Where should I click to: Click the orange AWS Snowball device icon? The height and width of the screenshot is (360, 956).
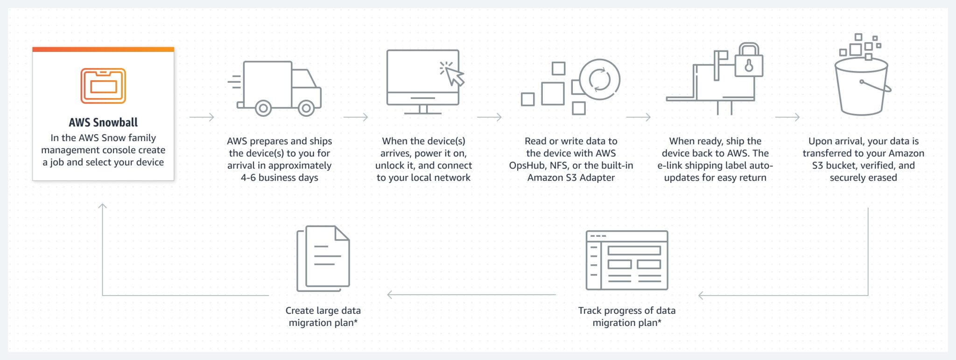click(x=103, y=86)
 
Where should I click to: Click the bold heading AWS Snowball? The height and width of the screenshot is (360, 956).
click(x=103, y=122)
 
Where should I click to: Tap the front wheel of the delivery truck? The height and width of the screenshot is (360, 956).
click(x=306, y=108)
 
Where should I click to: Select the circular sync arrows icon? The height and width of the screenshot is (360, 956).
click(x=599, y=79)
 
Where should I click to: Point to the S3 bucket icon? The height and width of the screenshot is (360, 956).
click(x=861, y=89)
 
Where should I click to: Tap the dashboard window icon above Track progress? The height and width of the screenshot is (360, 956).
click(x=627, y=260)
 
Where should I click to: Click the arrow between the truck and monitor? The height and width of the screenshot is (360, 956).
click(x=356, y=117)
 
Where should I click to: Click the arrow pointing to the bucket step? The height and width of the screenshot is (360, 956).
click(x=787, y=117)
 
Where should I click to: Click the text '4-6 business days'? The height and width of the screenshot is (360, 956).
click(x=279, y=178)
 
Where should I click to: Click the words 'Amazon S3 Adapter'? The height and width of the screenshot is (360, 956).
click(x=571, y=178)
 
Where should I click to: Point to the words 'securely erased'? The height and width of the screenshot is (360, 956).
click(x=863, y=178)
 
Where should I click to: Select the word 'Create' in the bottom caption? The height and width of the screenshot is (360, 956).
click(x=300, y=311)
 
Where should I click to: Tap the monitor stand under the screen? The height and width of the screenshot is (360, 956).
click(x=423, y=110)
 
